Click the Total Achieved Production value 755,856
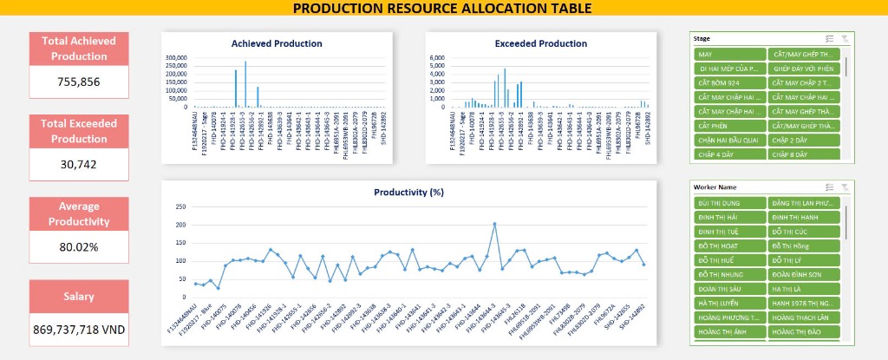click(x=78, y=82)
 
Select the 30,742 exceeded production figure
click(x=78, y=165)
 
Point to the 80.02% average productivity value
click(x=78, y=247)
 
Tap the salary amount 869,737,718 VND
click(x=78, y=330)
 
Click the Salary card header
click(x=78, y=297)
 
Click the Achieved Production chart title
click(x=277, y=43)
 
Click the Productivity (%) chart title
click(x=408, y=192)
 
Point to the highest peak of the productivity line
click(x=494, y=224)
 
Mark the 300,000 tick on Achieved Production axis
click(x=176, y=57)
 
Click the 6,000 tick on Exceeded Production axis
click(x=438, y=57)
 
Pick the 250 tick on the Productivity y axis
click(x=180, y=206)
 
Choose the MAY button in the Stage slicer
click(x=728, y=55)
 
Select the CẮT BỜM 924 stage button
click(x=728, y=83)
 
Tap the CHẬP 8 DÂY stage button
click(x=803, y=154)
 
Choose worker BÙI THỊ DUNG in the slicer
click(x=728, y=203)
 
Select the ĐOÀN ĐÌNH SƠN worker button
click(x=803, y=274)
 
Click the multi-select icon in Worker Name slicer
click(x=830, y=187)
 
